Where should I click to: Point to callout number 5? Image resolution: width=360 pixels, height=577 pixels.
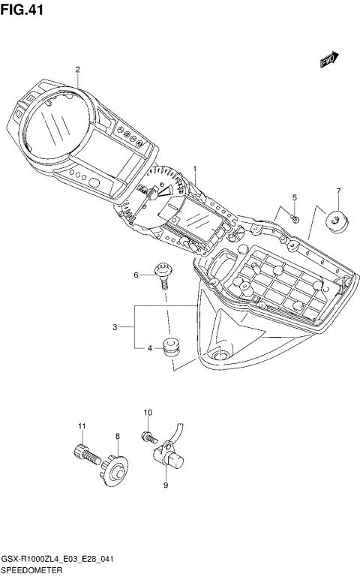[x=295, y=197]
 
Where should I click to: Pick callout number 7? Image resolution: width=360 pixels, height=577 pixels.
[x=338, y=191]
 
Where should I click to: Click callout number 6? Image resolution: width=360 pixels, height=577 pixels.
[x=136, y=275]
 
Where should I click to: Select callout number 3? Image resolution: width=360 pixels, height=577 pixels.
[x=115, y=326]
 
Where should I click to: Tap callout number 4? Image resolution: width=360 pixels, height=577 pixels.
[x=150, y=348]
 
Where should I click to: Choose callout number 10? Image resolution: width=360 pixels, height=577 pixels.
[x=148, y=413]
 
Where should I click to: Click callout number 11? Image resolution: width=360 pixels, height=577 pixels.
[x=82, y=427]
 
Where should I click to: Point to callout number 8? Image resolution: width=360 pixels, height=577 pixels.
[x=117, y=436]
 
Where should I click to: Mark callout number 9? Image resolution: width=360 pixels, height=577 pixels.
[x=166, y=485]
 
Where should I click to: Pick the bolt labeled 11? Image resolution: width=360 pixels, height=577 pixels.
[x=85, y=453]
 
